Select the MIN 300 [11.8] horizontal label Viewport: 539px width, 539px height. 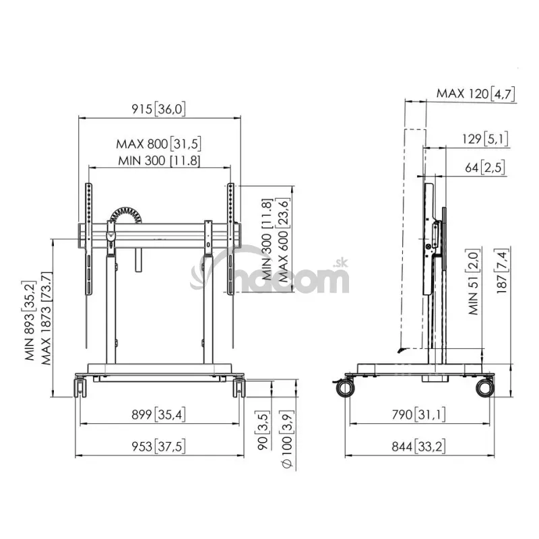[159, 160]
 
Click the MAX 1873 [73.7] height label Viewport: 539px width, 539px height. [46, 318]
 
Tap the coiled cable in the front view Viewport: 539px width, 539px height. [126, 215]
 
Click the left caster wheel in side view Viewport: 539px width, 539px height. [345, 388]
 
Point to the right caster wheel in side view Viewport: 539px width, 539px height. [485, 388]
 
